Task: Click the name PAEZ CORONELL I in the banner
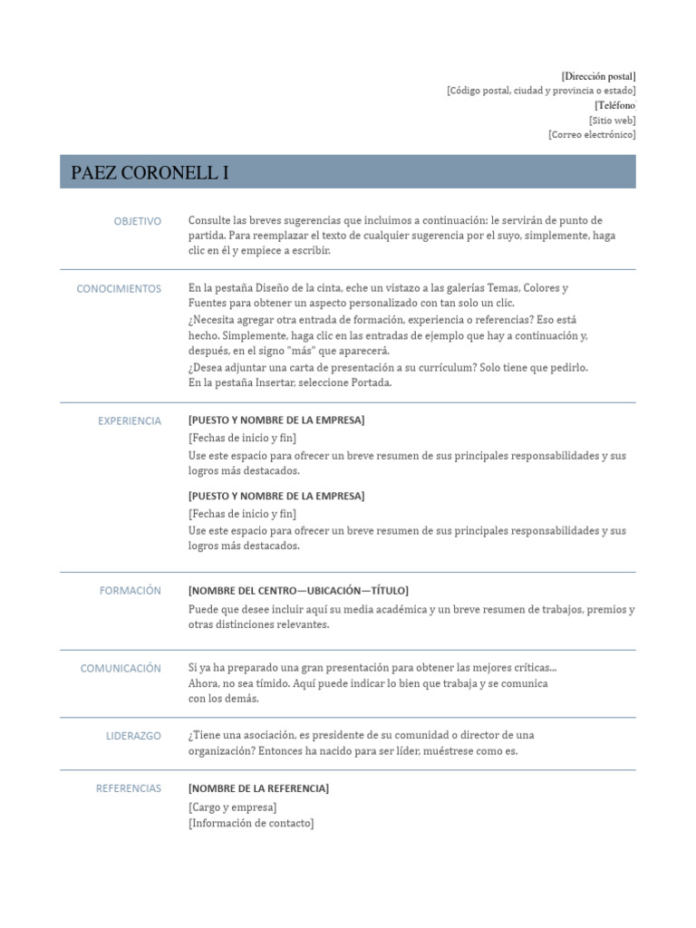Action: pos(150,173)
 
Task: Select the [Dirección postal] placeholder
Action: pos(598,76)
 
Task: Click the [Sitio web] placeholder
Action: pos(612,120)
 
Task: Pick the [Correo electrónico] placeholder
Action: pos(592,134)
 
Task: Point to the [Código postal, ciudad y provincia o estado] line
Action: pos(541,91)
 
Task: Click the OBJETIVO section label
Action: pos(138,221)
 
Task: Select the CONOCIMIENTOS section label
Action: pos(119,289)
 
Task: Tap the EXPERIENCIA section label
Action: pos(130,420)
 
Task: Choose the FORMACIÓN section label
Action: pos(130,590)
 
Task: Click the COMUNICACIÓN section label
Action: pos(121,668)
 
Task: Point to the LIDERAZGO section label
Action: pos(133,736)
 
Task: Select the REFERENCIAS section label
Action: pos(129,788)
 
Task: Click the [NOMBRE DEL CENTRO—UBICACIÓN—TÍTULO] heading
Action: pos(298,590)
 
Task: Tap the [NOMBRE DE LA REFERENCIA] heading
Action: pos(258,788)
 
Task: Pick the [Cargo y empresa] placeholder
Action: pos(233,807)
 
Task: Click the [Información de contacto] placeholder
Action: pos(251,823)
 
